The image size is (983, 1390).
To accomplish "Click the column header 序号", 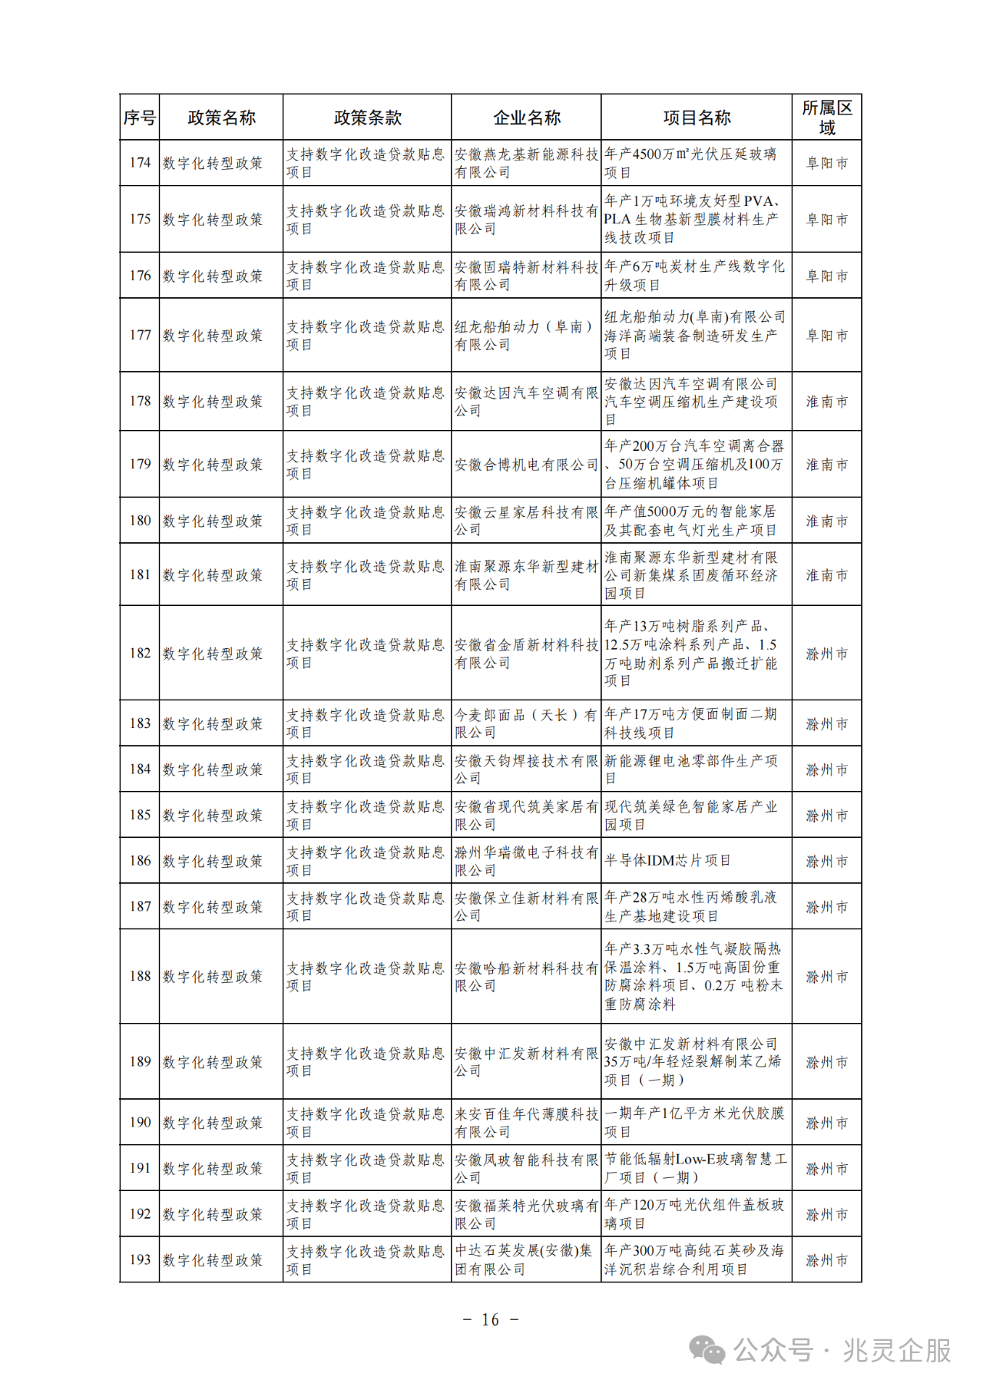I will (139, 117).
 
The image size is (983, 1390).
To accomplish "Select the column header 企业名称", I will (526, 117).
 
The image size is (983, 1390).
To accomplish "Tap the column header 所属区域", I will (826, 117).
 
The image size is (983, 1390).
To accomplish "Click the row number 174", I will (140, 163).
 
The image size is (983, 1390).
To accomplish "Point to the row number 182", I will (140, 654).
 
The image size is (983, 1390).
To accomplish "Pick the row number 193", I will (140, 1259).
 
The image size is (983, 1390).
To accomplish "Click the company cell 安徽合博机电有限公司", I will (526, 465).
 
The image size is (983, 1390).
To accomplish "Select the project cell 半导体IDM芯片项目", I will (667, 861).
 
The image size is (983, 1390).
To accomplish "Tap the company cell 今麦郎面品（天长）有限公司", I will (526, 723).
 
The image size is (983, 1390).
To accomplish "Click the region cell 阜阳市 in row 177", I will (826, 336).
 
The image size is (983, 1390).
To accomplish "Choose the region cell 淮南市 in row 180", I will (826, 521).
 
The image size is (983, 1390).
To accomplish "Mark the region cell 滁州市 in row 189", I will (826, 1062).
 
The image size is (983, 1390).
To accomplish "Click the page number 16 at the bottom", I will (491, 1319).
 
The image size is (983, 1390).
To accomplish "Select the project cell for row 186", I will (667, 861).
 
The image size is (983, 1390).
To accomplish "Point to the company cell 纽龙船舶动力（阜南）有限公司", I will (526, 336).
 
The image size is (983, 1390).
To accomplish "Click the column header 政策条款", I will (367, 117).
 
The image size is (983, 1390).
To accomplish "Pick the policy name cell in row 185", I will (213, 815).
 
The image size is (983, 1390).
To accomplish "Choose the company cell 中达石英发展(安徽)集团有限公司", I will (526, 1259).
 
